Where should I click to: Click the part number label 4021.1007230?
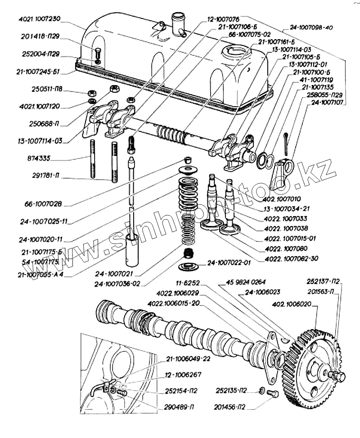(x=39, y=20)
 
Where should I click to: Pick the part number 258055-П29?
(x=325, y=95)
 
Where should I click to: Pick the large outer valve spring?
(x=189, y=194)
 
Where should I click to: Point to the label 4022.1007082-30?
(x=288, y=258)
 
